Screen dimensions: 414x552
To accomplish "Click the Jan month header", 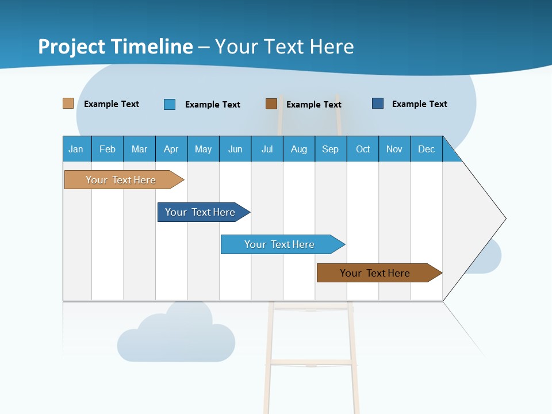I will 76,149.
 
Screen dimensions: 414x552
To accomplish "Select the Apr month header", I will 171,149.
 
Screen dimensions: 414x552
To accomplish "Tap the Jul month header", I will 267,149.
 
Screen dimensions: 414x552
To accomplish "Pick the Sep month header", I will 330,149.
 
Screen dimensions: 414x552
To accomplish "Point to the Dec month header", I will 426,149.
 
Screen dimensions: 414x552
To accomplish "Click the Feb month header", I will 108,149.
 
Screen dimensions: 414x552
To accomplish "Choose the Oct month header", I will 363,149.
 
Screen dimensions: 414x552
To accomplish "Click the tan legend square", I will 68,103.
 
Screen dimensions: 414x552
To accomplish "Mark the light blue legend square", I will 170,104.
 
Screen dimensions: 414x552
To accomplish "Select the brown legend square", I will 271,103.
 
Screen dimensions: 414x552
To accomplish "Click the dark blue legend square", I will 378,103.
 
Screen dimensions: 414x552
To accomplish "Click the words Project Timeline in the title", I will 116,47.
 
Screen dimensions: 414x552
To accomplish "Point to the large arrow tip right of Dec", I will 483,218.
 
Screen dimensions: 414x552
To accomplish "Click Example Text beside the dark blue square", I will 419,104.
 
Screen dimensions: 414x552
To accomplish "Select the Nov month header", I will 394,149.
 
